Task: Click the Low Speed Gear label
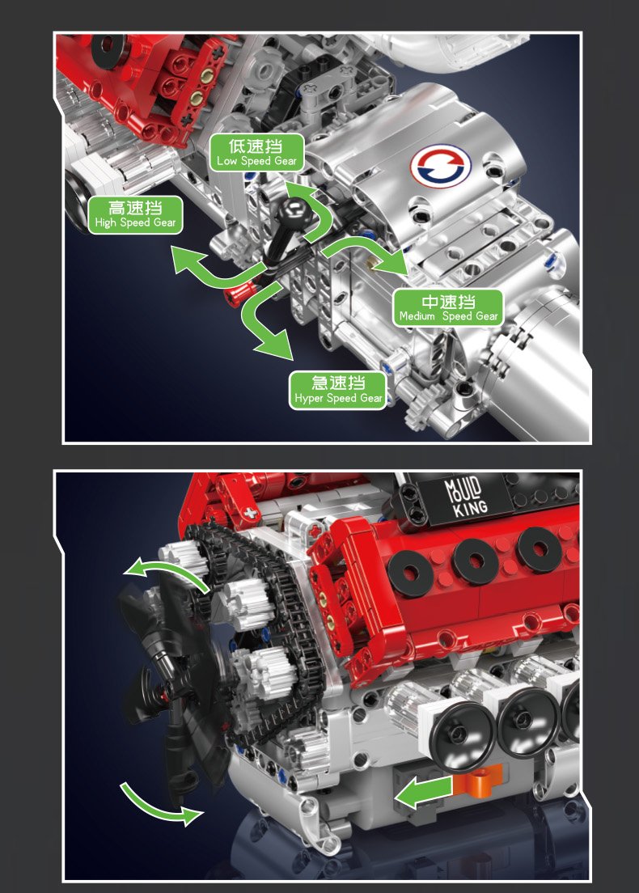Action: pyautogui.click(x=257, y=153)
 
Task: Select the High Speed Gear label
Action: pyautogui.click(x=136, y=214)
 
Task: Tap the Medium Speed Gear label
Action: pyautogui.click(x=449, y=308)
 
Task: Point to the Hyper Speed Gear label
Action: pyautogui.click(x=338, y=390)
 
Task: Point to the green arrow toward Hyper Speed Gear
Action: pyautogui.click(x=264, y=322)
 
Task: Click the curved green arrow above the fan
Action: pyautogui.click(x=168, y=570)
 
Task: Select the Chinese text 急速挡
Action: pyautogui.click(x=338, y=383)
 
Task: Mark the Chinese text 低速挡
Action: pyautogui.click(x=256, y=146)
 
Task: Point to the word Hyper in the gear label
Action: pyautogui.click(x=309, y=399)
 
